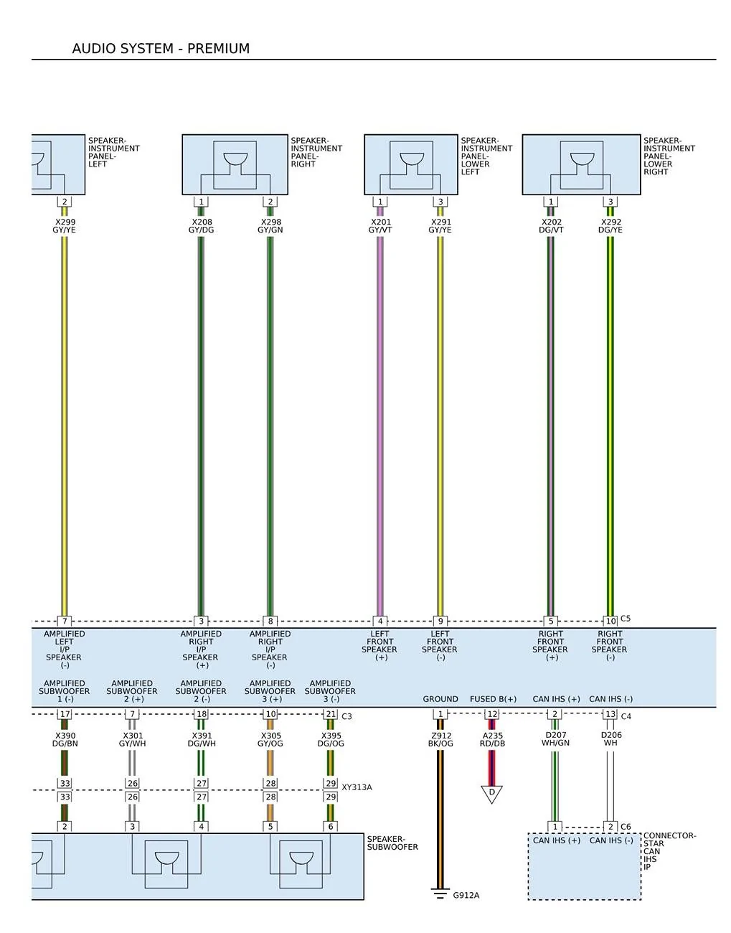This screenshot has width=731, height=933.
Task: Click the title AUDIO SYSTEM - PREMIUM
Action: tap(161, 49)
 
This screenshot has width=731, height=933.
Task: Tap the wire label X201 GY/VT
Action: tap(380, 226)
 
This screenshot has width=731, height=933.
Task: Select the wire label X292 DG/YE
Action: tap(610, 226)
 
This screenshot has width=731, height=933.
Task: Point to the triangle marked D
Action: tap(491, 794)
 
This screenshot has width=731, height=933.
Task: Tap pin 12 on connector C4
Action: tap(492, 713)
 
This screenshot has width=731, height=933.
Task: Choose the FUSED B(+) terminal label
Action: tap(493, 699)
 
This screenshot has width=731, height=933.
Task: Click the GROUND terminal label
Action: tap(440, 699)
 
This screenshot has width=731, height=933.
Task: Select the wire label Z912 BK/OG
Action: tap(440, 739)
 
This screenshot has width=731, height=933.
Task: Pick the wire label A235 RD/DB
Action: tap(493, 739)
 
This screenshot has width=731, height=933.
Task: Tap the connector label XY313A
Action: tap(357, 787)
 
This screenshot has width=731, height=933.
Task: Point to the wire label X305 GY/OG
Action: tap(270, 739)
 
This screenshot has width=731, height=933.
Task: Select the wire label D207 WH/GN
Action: tap(555, 739)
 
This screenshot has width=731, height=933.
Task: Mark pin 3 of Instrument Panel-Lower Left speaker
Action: tap(440, 202)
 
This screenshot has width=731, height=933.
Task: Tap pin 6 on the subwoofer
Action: tap(330, 827)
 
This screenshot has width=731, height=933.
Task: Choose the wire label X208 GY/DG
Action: tap(201, 226)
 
